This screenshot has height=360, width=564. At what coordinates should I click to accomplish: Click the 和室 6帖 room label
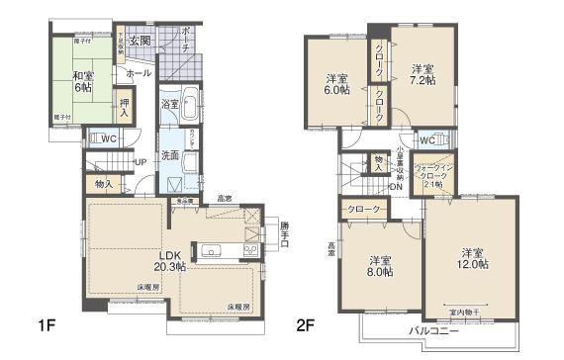(82, 80)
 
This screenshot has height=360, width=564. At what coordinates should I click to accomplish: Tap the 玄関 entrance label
(140, 42)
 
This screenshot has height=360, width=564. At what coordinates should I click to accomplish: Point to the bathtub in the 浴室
(191, 104)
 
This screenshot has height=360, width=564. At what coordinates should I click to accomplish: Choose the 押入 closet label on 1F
(125, 106)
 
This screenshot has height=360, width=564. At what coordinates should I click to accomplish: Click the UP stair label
(141, 163)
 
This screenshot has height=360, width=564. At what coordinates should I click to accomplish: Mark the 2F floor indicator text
(304, 324)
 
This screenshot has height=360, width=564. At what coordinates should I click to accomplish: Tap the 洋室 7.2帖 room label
(423, 74)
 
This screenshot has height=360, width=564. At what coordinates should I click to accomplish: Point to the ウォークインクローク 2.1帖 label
(435, 175)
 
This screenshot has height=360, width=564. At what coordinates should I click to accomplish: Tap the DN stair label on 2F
(394, 186)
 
